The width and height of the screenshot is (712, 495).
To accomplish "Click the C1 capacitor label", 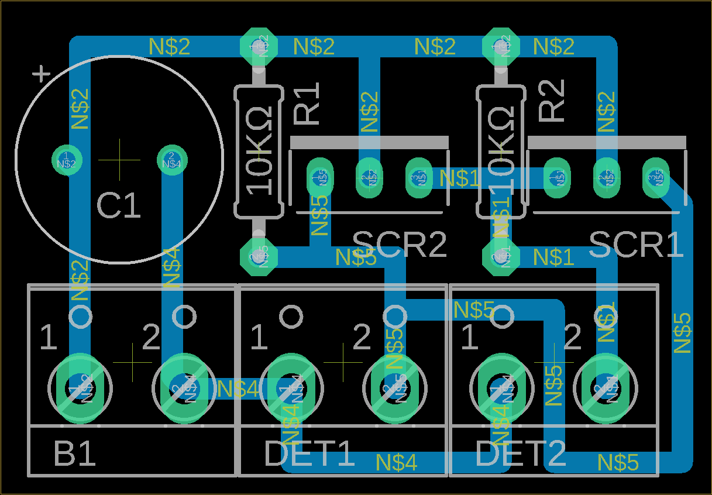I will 119,207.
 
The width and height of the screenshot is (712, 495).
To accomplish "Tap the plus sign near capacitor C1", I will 41,74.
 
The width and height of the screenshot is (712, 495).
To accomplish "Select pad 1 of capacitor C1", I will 67,159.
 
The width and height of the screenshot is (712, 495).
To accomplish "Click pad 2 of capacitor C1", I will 171,159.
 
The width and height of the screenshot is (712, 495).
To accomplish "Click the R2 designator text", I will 552,101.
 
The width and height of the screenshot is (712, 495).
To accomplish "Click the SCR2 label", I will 400,245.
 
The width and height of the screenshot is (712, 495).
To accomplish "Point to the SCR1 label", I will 636,245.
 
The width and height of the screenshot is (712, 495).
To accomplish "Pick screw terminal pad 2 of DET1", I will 395,388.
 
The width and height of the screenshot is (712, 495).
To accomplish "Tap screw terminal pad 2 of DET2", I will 606,388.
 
